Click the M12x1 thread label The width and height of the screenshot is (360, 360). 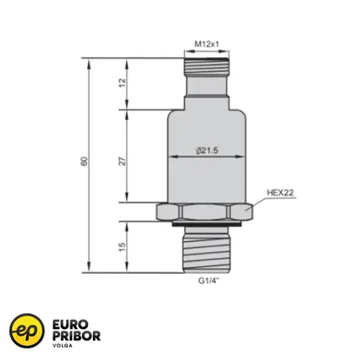[x=207, y=44]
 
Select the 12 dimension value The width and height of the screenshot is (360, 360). [x=122, y=83]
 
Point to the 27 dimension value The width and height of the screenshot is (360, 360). [x=122, y=162]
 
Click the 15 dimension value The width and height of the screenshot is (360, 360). [x=122, y=247]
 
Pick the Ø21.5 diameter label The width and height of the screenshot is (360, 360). [x=207, y=151]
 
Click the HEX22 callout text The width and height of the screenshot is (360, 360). [x=280, y=193]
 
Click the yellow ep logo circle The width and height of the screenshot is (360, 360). [x=27, y=331]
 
